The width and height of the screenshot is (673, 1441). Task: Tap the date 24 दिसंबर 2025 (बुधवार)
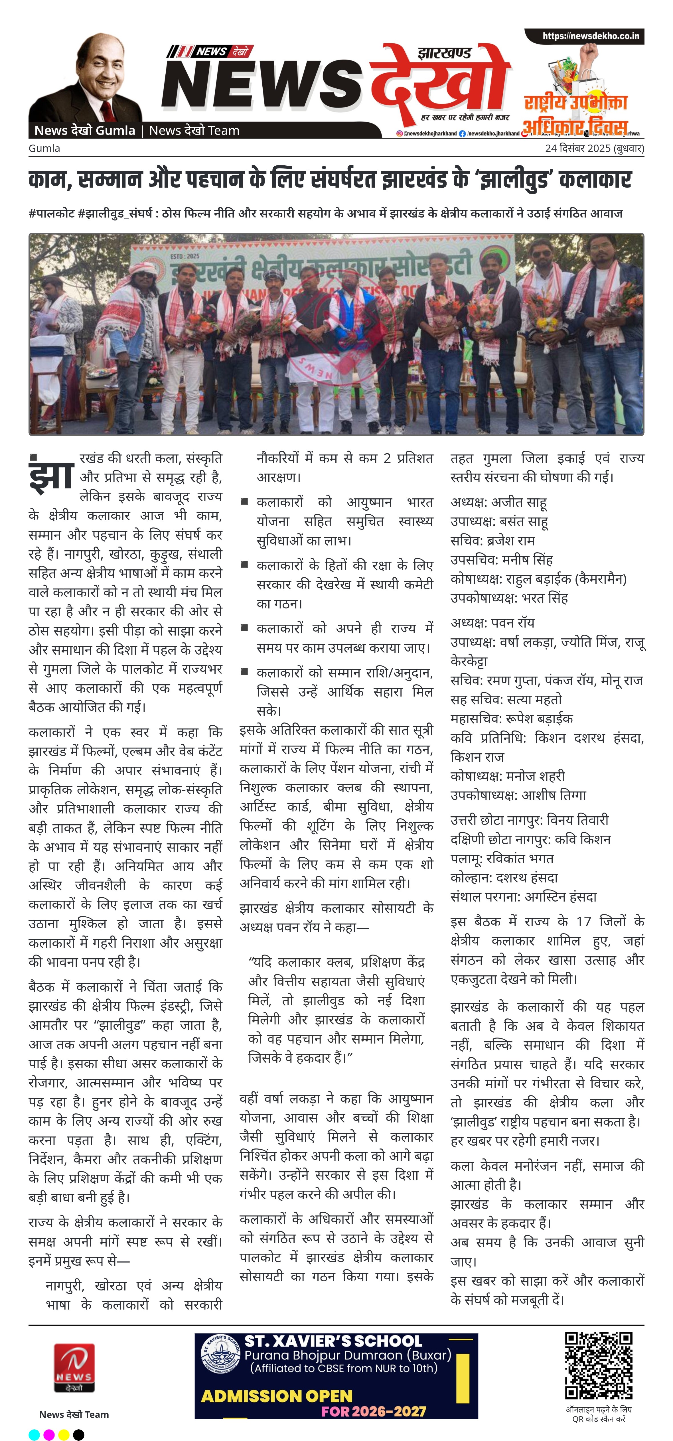594,148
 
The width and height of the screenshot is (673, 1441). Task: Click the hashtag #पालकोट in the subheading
51,213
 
